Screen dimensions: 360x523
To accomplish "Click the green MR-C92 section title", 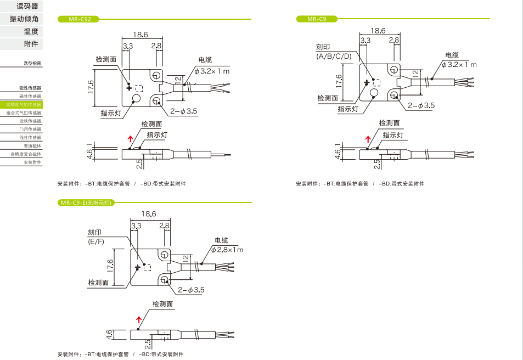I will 78,19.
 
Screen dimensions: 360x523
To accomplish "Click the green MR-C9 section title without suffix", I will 317,19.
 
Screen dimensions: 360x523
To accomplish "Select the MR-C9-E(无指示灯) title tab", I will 86,203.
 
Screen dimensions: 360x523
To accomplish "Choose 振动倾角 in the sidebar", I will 24,19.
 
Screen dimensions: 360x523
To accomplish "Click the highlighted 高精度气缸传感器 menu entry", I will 24,104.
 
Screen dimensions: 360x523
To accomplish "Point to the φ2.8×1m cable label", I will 227,250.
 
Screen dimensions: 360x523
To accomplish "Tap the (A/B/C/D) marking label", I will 334,57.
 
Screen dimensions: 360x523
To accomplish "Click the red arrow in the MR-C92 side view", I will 131,139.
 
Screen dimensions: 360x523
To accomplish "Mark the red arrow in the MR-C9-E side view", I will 139,319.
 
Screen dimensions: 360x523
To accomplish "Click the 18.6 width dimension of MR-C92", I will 140,35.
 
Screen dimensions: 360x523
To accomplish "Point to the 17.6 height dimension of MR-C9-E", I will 110,266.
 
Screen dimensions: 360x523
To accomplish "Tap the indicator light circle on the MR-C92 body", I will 136,99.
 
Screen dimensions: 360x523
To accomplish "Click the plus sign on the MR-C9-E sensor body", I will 138,267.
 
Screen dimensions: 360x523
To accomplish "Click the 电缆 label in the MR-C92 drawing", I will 205,60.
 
